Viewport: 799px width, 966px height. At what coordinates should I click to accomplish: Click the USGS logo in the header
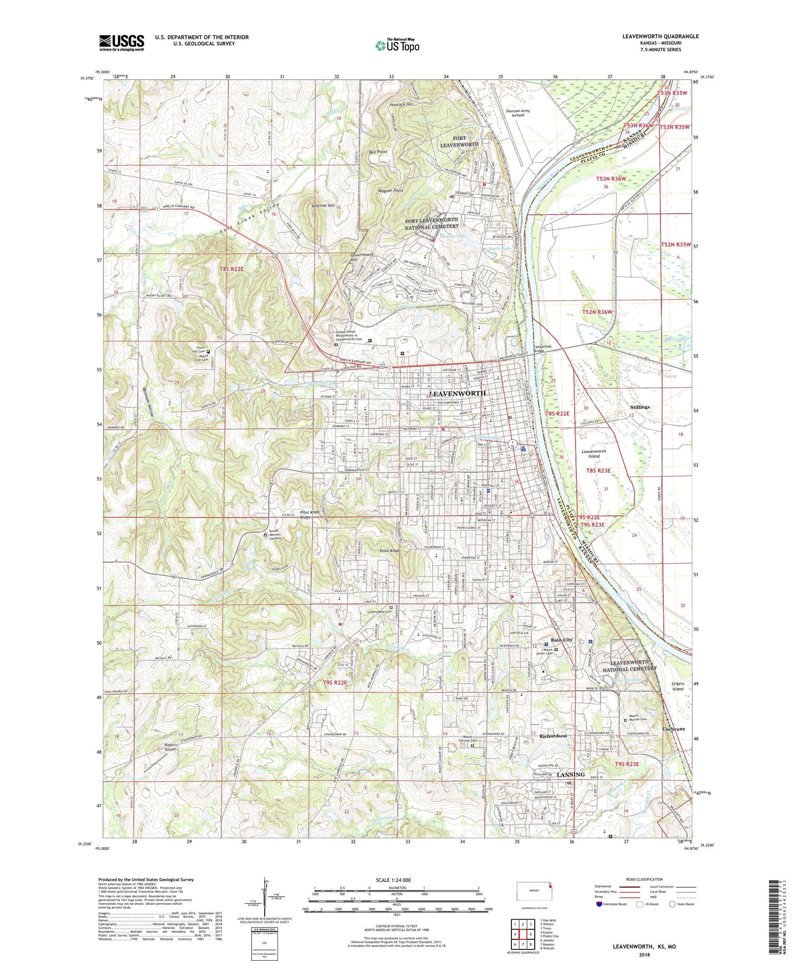[x=121, y=43]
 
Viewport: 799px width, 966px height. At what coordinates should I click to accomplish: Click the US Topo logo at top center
[x=397, y=45]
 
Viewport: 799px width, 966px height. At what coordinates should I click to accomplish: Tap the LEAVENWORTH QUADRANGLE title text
[x=660, y=36]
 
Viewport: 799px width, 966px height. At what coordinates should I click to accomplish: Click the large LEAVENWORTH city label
[x=458, y=393]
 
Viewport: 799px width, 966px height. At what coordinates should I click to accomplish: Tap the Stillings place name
[x=639, y=407]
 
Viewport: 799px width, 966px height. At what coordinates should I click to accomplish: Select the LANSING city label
[x=570, y=774]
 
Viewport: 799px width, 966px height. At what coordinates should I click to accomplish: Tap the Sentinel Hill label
[x=323, y=206]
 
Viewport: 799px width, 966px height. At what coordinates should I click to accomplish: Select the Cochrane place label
[x=673, y=728]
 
